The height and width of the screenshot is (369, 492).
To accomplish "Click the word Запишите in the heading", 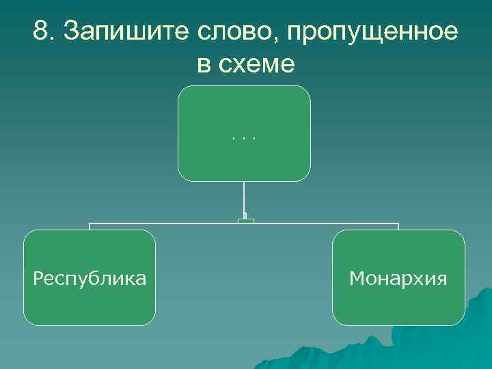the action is (x=126, y=31).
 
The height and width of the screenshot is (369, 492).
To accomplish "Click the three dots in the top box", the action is (x=244, y=138).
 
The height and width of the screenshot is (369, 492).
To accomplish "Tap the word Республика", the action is (x=90, y=279).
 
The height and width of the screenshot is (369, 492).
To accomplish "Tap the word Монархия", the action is (x=398, y=279).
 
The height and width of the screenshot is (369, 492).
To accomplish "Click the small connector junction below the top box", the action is (x=246, y=220).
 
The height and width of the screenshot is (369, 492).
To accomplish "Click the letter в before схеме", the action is (x=203, y=66).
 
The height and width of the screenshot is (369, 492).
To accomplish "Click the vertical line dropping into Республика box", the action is (x=90, y=227).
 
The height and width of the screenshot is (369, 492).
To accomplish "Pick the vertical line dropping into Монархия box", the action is (x=398, y=227).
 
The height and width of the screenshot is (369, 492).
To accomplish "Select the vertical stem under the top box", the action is (x=244, y=198).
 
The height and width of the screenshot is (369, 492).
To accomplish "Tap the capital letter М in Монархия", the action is (x=356, y=279).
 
